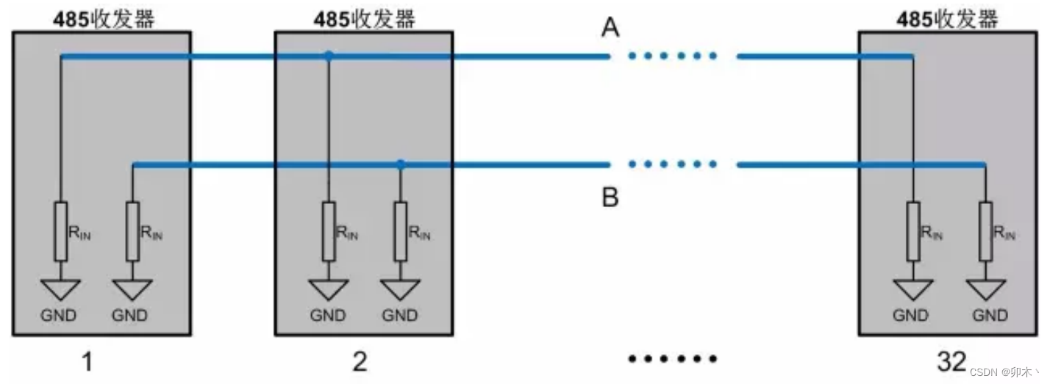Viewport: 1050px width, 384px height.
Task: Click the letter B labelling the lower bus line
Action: pos(610,198)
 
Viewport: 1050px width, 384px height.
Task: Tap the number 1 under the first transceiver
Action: pos(87,361)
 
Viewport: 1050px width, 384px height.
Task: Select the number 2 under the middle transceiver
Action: pos(360,361)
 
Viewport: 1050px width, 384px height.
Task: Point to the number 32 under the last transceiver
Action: pos(951,361)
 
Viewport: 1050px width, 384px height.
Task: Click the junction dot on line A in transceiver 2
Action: pos(329,55)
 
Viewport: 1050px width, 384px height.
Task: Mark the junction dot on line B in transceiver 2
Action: pos(400,164)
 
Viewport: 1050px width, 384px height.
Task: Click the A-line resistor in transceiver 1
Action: pos(61,231)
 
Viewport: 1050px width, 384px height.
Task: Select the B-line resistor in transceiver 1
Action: pos(132,231)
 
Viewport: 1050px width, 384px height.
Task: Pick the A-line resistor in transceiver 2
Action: pos(329,231)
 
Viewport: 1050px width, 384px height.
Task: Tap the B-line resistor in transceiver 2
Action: pos(400,231)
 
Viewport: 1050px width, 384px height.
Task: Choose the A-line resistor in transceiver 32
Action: pos(913,231)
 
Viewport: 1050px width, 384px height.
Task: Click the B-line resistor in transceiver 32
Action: pos(985,231)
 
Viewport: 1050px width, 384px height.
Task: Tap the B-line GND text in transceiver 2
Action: pos(400,316)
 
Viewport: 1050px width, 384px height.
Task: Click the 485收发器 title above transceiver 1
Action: pos(104,19)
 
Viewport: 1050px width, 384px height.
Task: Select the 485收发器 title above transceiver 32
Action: pos(948,19)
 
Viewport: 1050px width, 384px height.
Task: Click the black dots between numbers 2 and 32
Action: pos(672,359)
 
